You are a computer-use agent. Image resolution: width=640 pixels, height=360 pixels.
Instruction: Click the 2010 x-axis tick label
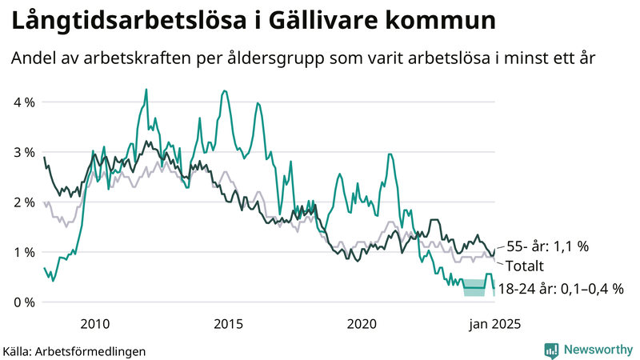95,324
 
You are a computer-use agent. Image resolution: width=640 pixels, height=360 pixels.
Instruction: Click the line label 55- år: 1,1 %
547,246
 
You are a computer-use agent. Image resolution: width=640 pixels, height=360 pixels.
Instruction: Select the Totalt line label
522,267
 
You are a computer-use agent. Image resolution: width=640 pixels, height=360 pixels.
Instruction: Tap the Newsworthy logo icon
551,350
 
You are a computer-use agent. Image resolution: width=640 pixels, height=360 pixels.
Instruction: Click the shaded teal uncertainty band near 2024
474,287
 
